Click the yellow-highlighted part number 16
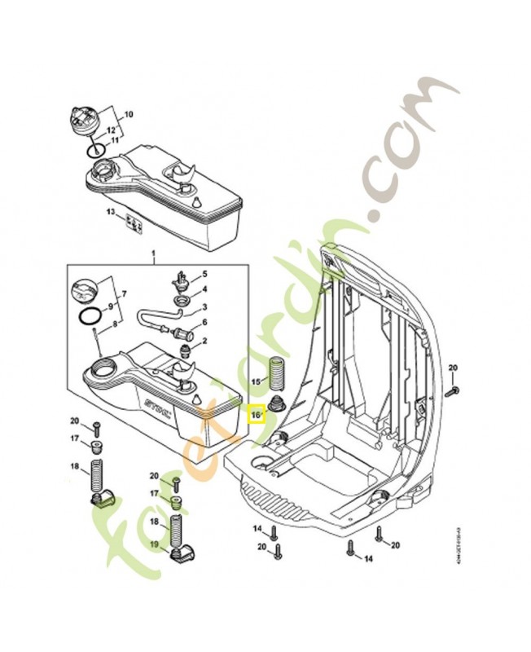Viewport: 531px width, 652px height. point(256,414)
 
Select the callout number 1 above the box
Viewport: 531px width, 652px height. point(152,256)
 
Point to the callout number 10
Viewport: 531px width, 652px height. point(129,115)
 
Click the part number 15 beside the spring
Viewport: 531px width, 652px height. point(255,381)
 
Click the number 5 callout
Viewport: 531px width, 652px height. point(204,274)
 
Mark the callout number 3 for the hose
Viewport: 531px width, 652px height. point(204,307)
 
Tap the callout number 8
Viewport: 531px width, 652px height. point(114,324)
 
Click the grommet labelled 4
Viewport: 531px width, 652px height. point(183,304)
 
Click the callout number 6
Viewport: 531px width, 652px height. point(204,324)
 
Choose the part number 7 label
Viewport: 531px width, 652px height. point(125,293)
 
